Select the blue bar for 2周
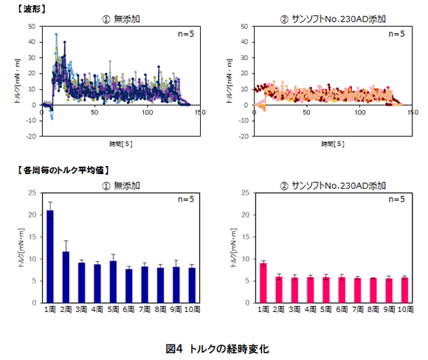click(x=66, y=277)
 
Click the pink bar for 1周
click(x=263, y=283)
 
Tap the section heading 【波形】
click(x=23, y=6)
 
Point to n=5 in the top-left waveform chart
click(x=184, y=33)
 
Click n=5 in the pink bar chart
click(x=396, y=199)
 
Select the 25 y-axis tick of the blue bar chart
click(x=31, y=193)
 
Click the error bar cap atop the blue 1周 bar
click(x=50, y=202)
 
